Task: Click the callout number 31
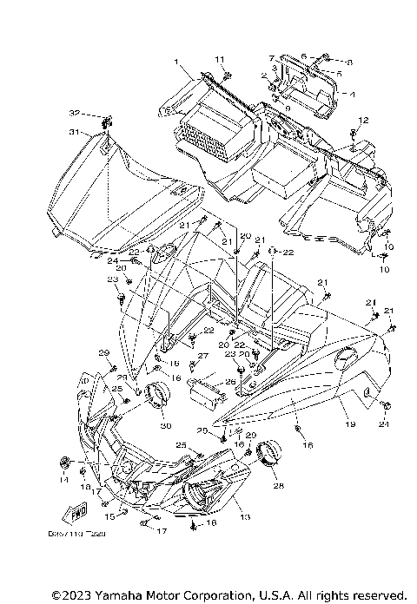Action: tap(74, 132)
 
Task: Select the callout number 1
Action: tap(175, 62)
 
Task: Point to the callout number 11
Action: tap(220, 58)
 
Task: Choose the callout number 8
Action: tap(349, 62)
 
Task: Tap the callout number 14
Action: tap(63, 479)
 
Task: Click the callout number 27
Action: tap(202, 357)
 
